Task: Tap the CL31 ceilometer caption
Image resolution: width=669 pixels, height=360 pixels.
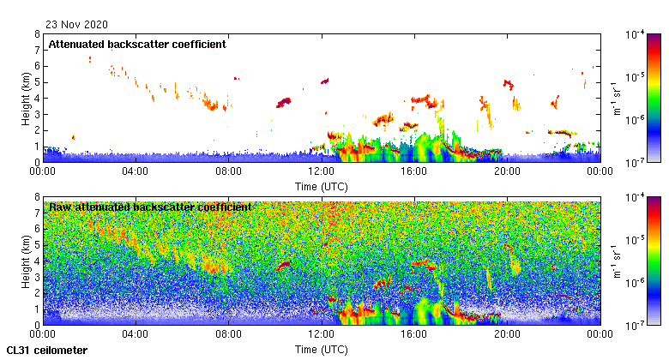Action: [46, 351]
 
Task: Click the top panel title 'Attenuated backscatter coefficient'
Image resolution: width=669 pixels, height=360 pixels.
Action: [137, 45]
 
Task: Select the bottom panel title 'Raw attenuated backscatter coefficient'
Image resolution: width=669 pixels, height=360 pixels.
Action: [150, 207]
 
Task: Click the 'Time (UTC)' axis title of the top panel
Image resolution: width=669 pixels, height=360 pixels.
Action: [321, 186]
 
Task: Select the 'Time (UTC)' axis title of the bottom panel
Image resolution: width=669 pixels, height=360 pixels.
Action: [321, 350]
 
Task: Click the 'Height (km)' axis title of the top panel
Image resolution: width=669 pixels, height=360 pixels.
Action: [27, 98]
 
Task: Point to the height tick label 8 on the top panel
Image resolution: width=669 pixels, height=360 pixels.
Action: [36, 34]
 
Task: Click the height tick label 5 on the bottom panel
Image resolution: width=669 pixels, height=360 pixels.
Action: [36, 245]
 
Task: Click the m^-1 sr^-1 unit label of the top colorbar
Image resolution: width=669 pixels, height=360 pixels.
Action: [616, 98]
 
